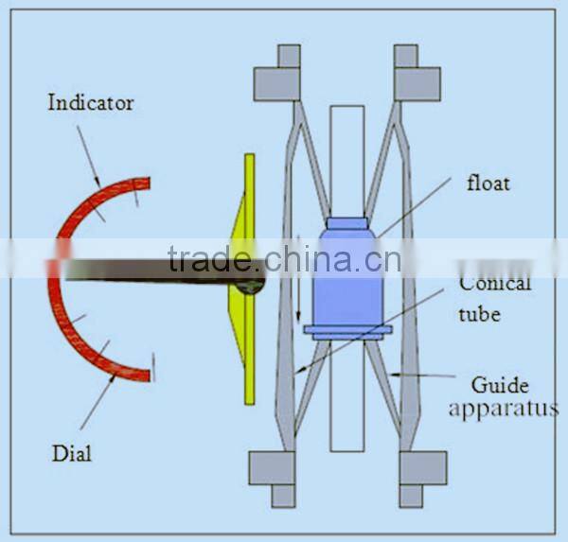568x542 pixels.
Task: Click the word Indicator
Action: tap(91, 102)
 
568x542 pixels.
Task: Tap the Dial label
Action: tap(72, 453)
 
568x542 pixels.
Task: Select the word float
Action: tap(488, 183)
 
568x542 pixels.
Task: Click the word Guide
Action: tap(500, 385)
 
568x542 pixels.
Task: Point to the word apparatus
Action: tap(504, 410)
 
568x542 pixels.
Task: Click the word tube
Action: tap(480, 313)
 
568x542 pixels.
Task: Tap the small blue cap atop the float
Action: tap(347, 223)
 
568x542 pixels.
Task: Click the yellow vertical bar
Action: tap(250, 279)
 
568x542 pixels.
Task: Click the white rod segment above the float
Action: tap(347, 162)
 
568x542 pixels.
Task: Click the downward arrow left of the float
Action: tap(298, 278)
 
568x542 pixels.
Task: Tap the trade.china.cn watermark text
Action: tap(284, 259)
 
